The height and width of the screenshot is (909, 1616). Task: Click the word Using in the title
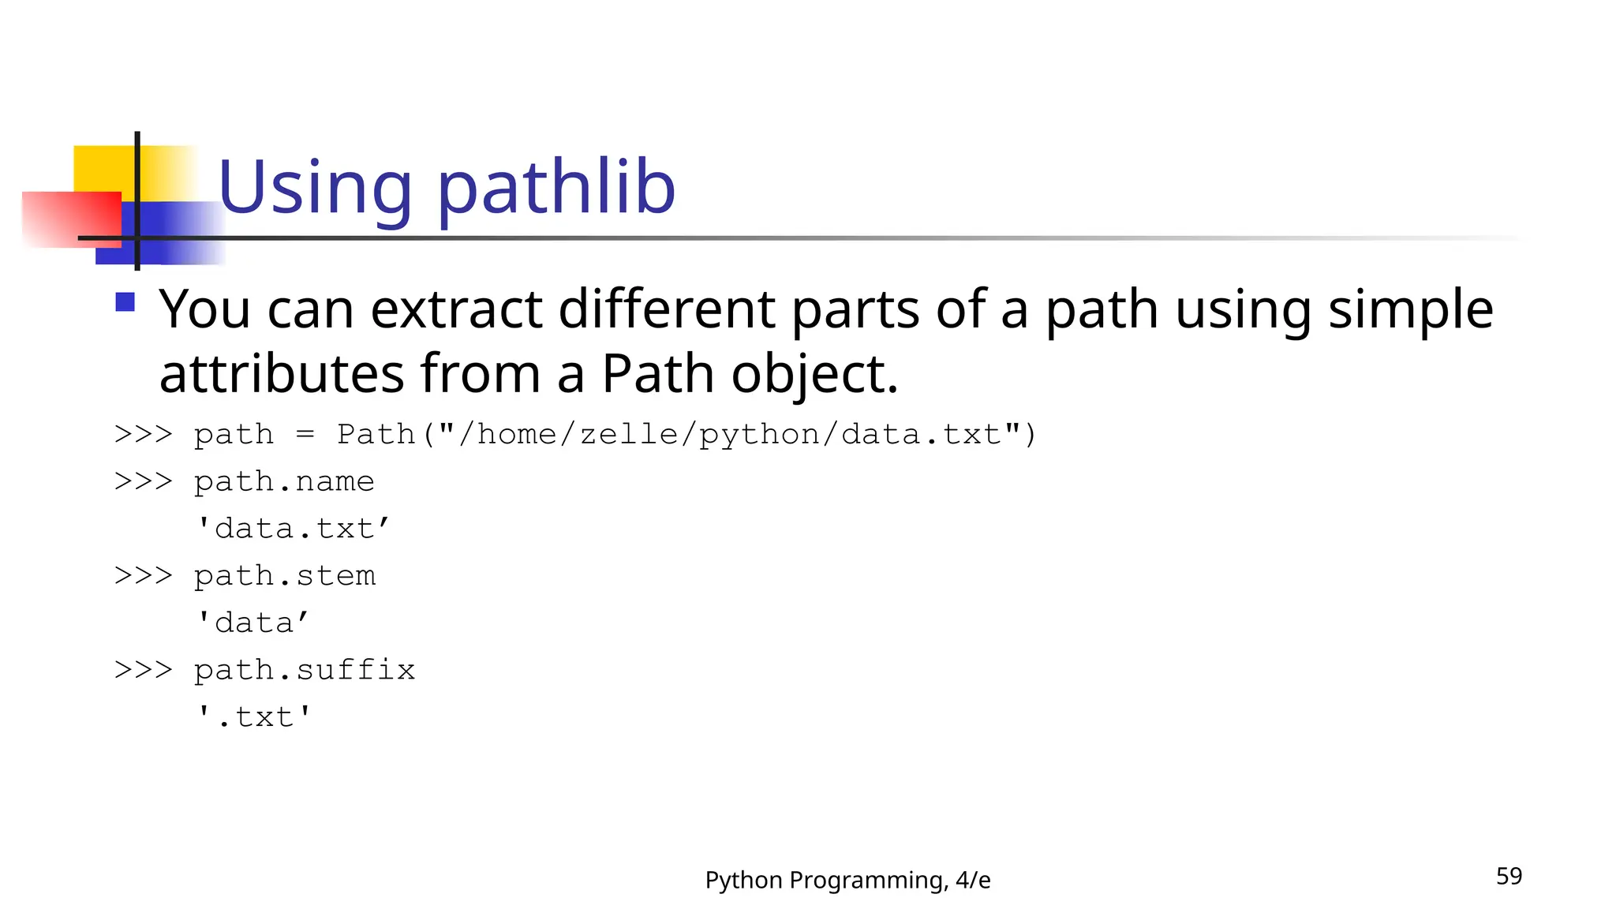point(314,188)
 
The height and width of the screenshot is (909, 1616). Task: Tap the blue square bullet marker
point(125,302)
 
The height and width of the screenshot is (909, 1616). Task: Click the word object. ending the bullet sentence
point(814,375)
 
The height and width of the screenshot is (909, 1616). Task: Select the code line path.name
point(284,481)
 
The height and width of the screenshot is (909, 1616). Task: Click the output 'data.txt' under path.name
point(293,529)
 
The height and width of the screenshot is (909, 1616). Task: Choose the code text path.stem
point(285,576)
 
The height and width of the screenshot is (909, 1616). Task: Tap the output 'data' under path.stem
point(252,623)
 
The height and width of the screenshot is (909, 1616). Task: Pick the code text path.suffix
point(305,670)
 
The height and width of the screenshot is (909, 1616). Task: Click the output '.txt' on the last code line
point(254,717)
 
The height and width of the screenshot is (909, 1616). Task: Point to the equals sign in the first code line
point(305,435)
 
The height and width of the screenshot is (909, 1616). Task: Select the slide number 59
point(1509,876)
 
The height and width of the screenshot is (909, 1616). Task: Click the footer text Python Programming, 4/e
point(847,880)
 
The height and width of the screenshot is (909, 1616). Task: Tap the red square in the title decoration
point(71,219)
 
